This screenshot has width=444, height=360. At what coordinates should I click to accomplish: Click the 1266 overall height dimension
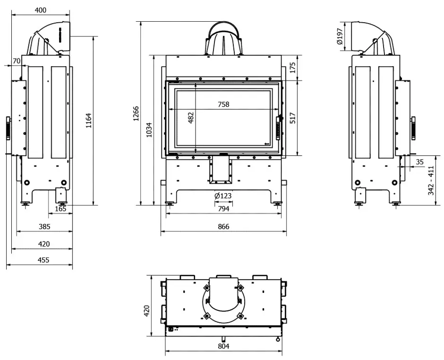(136, 113)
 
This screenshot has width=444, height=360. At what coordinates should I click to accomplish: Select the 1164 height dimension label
(89, 120)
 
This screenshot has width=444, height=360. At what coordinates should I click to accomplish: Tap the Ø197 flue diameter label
(340, 36)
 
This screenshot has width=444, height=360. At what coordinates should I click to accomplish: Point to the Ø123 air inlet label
(223, 196)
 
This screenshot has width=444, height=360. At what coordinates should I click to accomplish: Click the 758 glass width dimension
(223, 104)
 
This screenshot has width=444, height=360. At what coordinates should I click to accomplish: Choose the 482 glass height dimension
(191, 118)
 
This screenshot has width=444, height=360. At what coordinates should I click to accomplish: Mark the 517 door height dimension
(292, 118)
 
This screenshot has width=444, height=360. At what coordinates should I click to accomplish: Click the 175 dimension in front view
(292, 68)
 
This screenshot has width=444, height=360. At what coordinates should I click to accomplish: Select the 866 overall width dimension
(223, 227)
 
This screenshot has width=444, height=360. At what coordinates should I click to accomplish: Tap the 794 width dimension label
(223, 209)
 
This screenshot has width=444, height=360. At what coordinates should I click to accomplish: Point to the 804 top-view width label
(223, 346)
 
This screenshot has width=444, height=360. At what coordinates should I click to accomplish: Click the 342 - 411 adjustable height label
(431, 180)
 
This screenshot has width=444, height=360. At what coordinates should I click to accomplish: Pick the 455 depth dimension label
(43, 260)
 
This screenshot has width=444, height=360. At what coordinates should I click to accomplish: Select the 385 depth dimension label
(44, 227)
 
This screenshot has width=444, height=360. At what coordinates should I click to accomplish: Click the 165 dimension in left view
(60, 209)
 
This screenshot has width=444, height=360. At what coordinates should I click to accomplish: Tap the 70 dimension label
(17, 61)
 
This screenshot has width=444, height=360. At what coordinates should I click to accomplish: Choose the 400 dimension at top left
(41, 10)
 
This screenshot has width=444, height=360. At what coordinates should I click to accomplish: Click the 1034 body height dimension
(149, 130)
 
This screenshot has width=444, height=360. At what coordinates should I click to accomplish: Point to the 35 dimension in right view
(419, 162)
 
